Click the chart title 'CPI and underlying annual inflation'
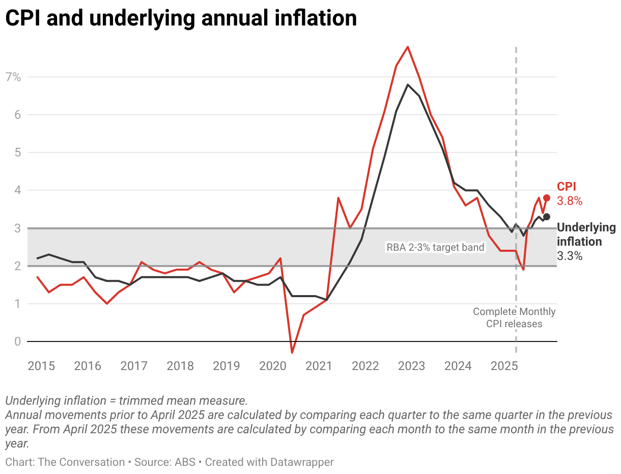tap(181, 18)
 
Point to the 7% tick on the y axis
tap(13, 77)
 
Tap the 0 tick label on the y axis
tap(17, 341)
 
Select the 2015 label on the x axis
tap(42, 366)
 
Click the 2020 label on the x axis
tap(273, 366)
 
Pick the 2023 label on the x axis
tap(411, 366)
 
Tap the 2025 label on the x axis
tap(504, 366)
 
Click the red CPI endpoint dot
tap(547, 198)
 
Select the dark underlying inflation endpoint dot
tap(547, 217)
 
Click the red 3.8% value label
tap(570, 201)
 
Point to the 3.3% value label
tap(570, 256)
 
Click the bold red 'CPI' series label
tap(567, 187)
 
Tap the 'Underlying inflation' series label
tap(586, 234)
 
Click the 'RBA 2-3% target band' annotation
tap(435, 248)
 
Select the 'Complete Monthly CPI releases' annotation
tap(514, 318)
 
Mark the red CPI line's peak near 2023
tap(408, 47)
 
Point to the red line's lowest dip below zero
tap(292, 353)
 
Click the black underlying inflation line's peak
tap(408, 85)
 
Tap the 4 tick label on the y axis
tap(17, 191)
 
